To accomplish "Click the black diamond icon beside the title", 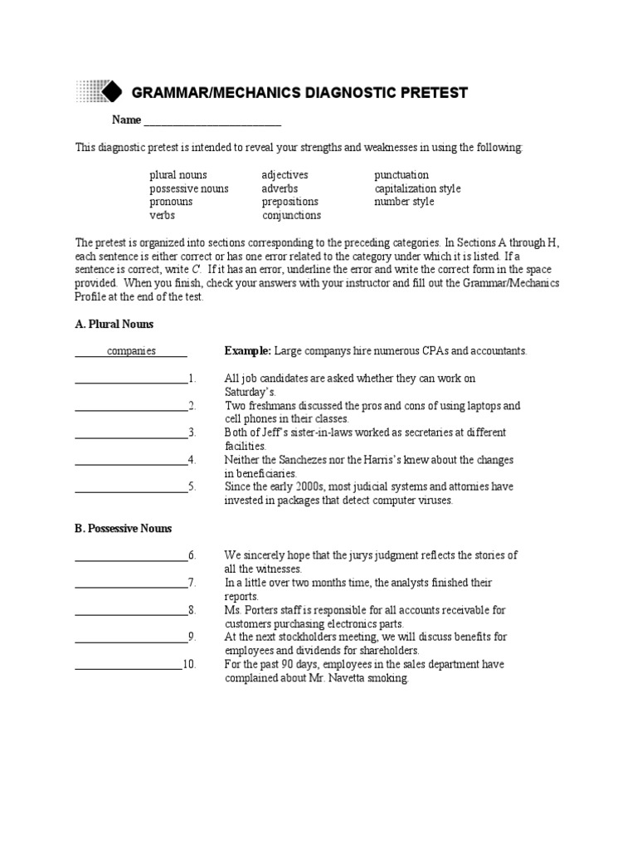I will pyautogui.click(x=112, y=91).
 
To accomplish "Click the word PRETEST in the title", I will pyautogui.click(x=430, y=93).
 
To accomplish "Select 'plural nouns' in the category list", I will pyautogui.click(x=178, y=175).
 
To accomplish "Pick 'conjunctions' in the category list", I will pyautogui.click(x=291, y=215).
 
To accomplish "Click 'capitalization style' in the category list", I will pyautogui.click(x=417, y=188).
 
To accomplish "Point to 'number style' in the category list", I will pyautogui.click(x=404, y=202).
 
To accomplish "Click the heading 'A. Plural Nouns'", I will pyautogui.click(x=114, y=324).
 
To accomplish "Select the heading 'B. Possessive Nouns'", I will pyautogui.click(x=124, y=528).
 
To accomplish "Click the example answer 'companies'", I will pyautogui.click(x=131, y=351).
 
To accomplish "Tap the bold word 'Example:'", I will pyautogui.click(x=248, y=351).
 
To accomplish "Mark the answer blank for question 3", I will pyautogui.click(x=131, y=433).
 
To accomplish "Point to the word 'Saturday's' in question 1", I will pyautogui.click(x=250, y=392).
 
